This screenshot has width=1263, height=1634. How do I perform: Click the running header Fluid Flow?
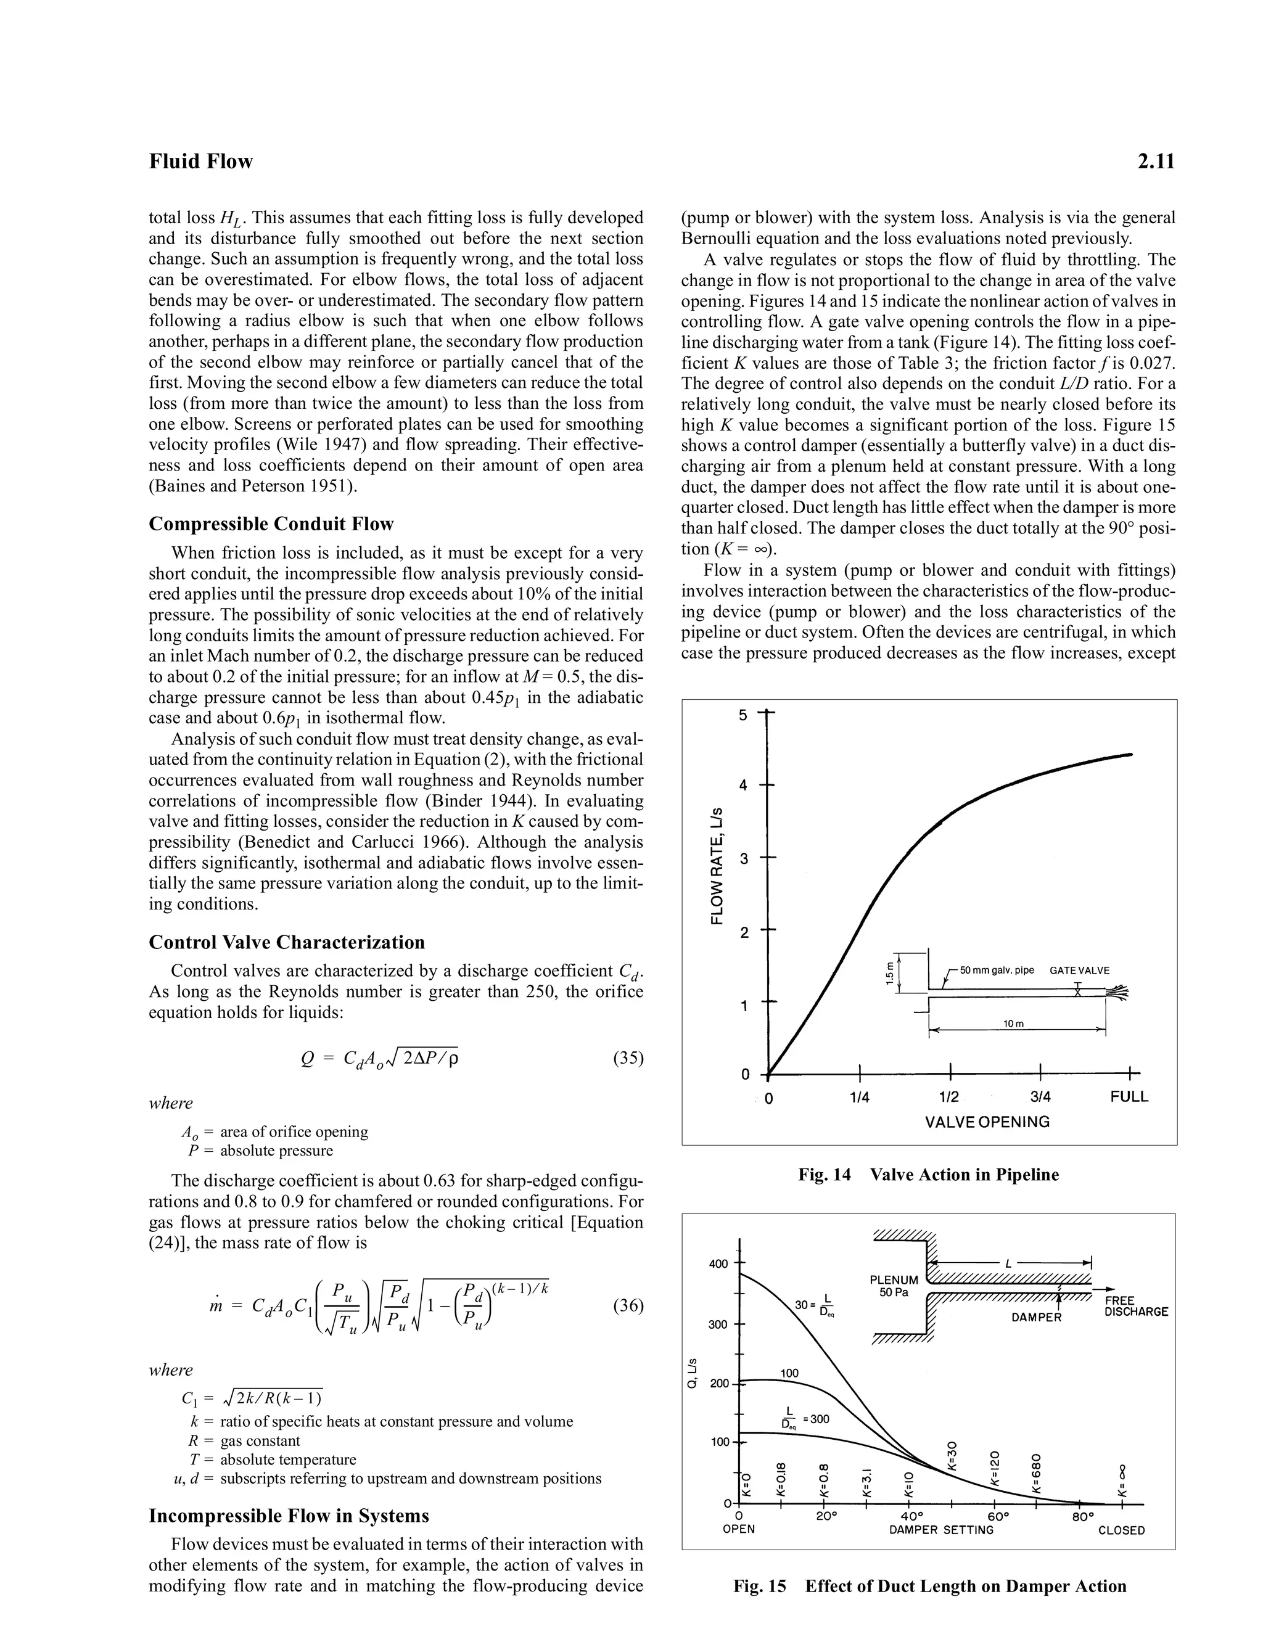[200, 162]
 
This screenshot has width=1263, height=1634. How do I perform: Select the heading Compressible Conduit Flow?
[271, 523]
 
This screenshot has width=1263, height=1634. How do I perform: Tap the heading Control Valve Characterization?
[287, 942]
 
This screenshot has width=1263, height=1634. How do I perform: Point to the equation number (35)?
[628, 1058]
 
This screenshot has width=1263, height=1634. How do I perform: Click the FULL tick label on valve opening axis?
[1129, 1098]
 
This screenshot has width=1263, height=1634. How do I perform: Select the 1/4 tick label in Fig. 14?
[860, 1098]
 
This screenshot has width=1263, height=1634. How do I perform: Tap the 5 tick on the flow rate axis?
[743, 715]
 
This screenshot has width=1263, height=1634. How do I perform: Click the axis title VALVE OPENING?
[987, 1122]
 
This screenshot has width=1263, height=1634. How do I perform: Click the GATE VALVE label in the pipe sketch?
[1079, 971]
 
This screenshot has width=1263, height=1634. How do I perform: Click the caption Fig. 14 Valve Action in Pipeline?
[928, 1175]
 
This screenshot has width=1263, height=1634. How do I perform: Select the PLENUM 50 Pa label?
[894, 1286]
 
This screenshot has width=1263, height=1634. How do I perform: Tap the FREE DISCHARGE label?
[1136, 1307]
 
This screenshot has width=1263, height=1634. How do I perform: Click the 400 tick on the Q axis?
[718, 1265]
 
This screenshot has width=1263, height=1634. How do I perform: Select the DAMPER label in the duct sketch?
[1036, 1318]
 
